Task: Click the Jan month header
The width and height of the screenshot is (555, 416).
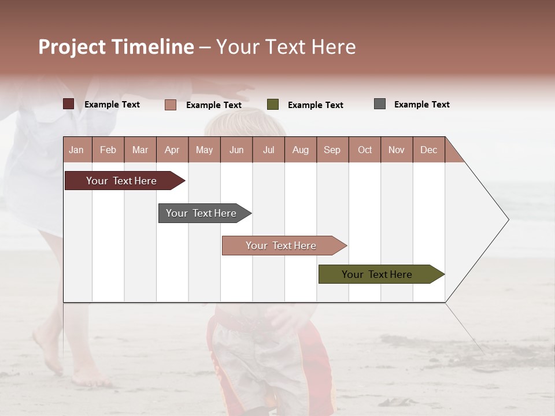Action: pos(77,150)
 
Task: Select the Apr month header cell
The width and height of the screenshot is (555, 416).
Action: pos(172,150)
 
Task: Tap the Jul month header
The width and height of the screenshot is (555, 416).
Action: pos(268,150)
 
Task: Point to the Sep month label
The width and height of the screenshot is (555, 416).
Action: pos(332,150)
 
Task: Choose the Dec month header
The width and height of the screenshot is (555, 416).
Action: pos(428,150)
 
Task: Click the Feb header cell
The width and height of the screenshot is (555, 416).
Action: pos(108,150)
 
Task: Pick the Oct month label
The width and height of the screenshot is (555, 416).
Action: pos(365,150)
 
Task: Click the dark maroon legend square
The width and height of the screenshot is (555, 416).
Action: pos(69,104)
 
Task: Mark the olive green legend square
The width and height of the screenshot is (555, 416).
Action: pos(273,105)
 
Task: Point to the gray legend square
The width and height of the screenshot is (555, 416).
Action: pos(380,104)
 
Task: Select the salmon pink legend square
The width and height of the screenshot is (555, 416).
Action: pos(171,105)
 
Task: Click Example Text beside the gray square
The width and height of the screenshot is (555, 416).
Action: pos(421,105)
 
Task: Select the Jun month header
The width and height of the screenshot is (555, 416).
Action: pos(236,150)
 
